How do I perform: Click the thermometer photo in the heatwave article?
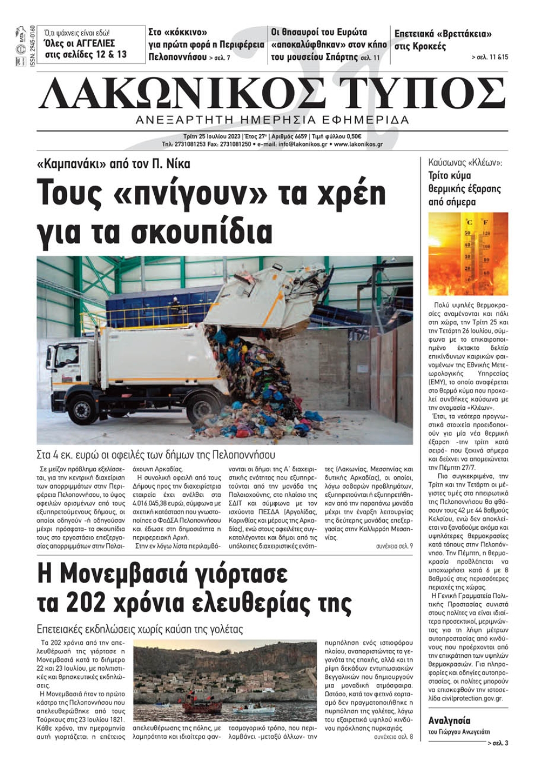(x=468, y=254)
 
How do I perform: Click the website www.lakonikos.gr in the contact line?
(x=358, y=144)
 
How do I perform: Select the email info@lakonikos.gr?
(x=302, y=144)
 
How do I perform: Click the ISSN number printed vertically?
(x=32, y=46)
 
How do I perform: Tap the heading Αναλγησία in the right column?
(x=449, y=720)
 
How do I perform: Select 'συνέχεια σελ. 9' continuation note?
(x=394, y=546)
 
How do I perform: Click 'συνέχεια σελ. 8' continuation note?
(x=393, y=737)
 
